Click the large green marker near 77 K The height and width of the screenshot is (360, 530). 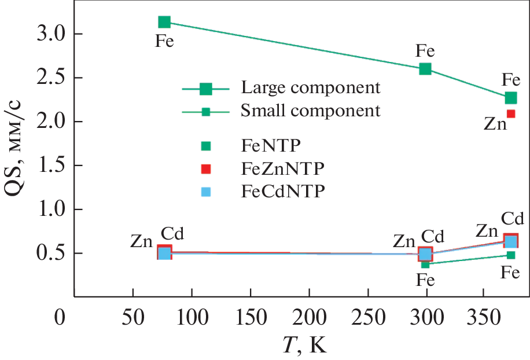[164, 22]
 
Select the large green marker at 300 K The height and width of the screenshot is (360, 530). [425, 69]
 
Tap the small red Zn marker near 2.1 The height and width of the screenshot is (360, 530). [511, 113]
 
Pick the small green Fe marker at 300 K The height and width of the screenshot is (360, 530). [425, 265]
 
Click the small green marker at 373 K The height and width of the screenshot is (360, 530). [511, 255]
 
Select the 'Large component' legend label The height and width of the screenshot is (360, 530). [311, 88]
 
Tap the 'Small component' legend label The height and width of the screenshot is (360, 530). [311, 110]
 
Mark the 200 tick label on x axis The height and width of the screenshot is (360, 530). [310, 318]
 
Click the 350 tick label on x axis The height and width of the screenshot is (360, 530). [485, 318]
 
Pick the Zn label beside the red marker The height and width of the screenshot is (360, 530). [495, 123]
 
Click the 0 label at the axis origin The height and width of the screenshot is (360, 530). [59, 318]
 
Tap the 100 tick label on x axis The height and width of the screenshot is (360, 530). [192, 318]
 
